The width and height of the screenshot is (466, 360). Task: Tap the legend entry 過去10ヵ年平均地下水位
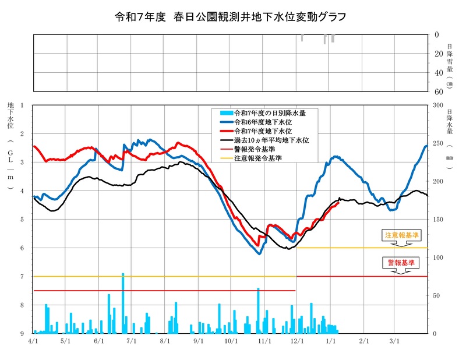pyautogui.click(x=271, y=140)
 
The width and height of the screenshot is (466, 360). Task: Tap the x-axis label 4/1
pyautogui.click(x=33, y=341)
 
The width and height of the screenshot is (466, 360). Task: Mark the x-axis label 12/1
pyautogui.click(x=296, y=341)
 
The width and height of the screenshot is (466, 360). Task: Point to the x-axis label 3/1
pyautogui.click(x=394, y=341)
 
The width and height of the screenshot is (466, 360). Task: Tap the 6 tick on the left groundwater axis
pyautogui.click(x=22, y=248)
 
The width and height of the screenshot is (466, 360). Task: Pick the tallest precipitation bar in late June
pyautogui.click(x=123, y=303)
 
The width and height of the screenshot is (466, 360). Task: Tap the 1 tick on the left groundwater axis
pyautogui.click(x=22, y=105)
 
